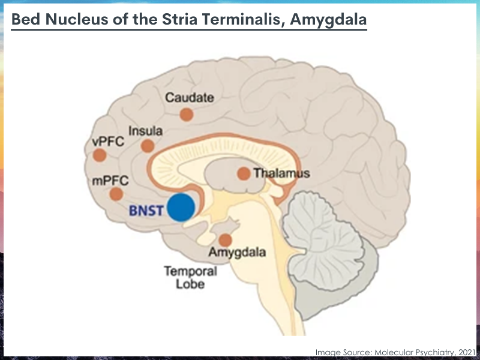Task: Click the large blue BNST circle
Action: pos(181,207)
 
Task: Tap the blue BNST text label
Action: pos(146,211)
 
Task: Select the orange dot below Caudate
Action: pos(187,115)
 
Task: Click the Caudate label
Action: pos(190,98)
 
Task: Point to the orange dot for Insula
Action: pos(148,146)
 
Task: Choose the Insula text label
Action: pos(145,131)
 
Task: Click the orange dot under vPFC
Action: pos(100,155)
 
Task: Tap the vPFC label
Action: pos(108,142)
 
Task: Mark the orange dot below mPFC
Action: pos(116,194)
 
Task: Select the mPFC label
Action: pos(110,181)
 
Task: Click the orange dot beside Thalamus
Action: pos(244,173)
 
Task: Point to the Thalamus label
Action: pos(282,173)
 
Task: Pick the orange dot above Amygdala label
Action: pos(226,241)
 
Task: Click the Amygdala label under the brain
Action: pos(237,253)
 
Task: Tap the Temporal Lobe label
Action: pos(190,277)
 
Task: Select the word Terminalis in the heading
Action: pos(244,19)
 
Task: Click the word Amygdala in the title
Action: pos(328,20)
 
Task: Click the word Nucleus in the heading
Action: pos(77,19)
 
